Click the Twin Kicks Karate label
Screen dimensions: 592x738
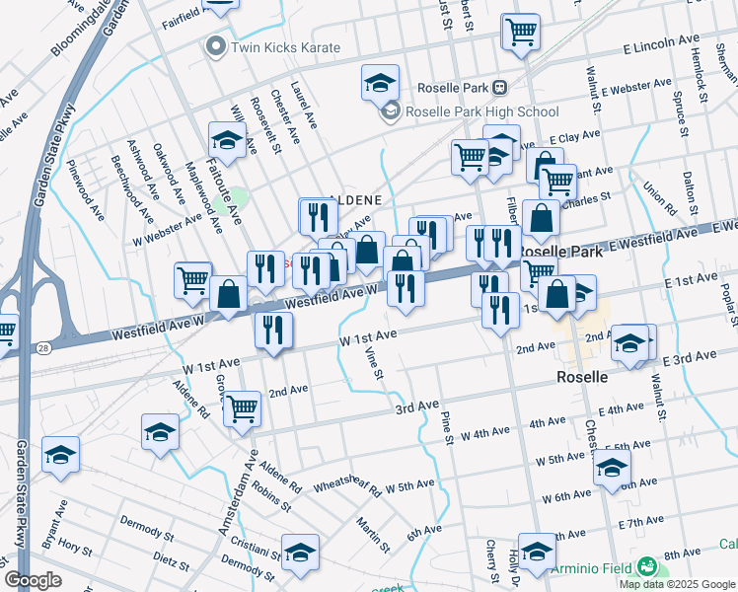click(285, 47)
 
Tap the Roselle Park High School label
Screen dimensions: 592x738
click(480, 111)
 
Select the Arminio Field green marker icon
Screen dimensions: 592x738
click(647, 566)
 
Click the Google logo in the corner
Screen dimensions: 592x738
click(33, 580)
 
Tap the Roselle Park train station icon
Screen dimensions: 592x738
click(500, 87)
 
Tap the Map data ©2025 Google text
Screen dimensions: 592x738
click(676, 583)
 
